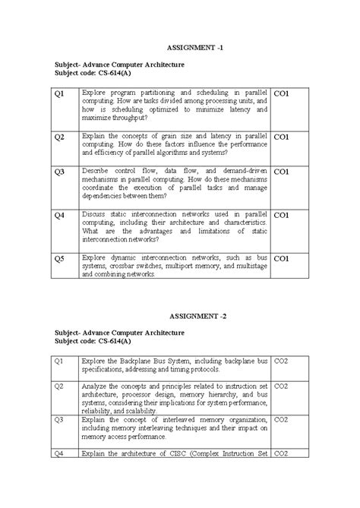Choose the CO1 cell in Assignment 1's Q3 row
(x=281, y=172)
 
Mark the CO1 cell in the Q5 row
(x=281, y=259)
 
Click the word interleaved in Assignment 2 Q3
(x=166, y=419)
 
